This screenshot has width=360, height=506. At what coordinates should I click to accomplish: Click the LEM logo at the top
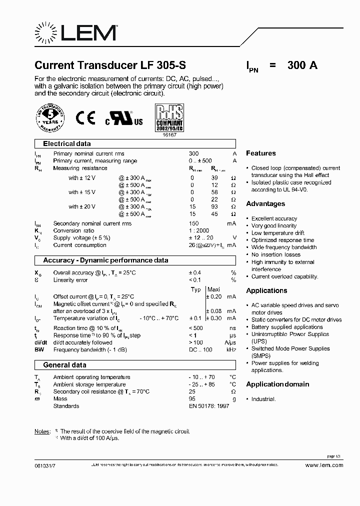point(75,33)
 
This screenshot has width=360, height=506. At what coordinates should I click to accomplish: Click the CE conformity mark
point(85,117)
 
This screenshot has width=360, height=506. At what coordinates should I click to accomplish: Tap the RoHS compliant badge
point(170,118)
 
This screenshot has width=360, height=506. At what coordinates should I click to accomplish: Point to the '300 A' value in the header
point(302,65)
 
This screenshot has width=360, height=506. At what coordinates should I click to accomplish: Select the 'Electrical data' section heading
point(67,143)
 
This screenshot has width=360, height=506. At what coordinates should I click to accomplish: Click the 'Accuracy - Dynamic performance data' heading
point(105,260)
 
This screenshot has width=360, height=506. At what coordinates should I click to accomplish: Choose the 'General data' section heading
point(64,365)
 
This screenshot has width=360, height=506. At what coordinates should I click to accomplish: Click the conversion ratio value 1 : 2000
point(198,230)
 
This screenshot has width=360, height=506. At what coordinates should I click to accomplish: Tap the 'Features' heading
point(260,153)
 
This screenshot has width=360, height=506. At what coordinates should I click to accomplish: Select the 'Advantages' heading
point(265,204)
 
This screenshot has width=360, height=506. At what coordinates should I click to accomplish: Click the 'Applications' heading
point(266,290)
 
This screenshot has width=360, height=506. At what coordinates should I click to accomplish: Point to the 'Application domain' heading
point(277,384)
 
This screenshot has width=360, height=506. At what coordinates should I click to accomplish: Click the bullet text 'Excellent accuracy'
point(274,218)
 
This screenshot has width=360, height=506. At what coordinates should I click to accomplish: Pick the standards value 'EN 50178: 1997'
point(208,406)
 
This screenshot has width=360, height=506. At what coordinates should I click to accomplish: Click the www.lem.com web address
point(324,465)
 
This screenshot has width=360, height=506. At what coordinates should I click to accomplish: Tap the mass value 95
point(191,399)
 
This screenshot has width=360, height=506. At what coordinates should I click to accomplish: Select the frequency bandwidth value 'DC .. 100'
point(200,349)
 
